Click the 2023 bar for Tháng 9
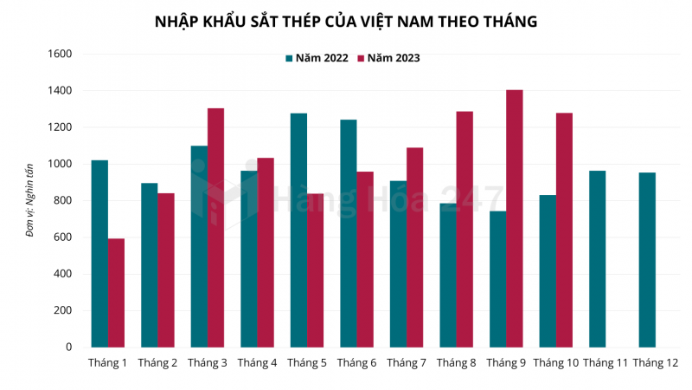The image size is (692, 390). tap(515, 218)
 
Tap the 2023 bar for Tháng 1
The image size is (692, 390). tap(116, 292)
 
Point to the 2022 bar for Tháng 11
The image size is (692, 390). tap(597, 259)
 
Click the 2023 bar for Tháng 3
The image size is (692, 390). tap(215, 227)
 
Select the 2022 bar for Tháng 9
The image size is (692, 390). tap(497, 279)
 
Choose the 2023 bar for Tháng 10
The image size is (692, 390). tap(564, 230)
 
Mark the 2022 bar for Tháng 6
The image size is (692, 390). tap(348, 233)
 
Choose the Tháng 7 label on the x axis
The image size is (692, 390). tap(407, 362)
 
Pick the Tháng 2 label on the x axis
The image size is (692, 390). tap(157, 362)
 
